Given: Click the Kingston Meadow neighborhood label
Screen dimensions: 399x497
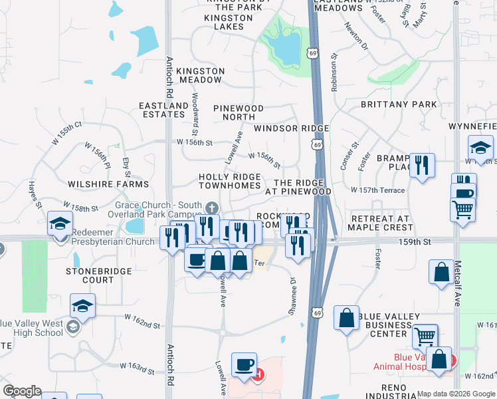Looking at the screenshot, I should (x=191, y=75).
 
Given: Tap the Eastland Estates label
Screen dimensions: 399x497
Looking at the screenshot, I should (x=163, y=110).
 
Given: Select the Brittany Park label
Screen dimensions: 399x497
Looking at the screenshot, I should (x=399, y=104).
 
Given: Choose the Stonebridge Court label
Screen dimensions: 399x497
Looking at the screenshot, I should (x=90, y=275).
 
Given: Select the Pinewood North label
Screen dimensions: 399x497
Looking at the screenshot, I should (x=239, y=112).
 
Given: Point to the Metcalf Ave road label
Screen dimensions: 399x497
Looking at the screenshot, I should (x=458, y=286).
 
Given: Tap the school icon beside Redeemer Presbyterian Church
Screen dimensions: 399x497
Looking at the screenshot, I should (x=60, y=223).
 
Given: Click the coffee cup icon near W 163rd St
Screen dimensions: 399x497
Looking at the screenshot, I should (x=244, y=364).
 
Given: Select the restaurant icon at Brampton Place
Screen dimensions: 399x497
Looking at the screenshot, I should (x=422, y=164).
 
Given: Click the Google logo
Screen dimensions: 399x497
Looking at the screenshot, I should (x=22, y=391).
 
